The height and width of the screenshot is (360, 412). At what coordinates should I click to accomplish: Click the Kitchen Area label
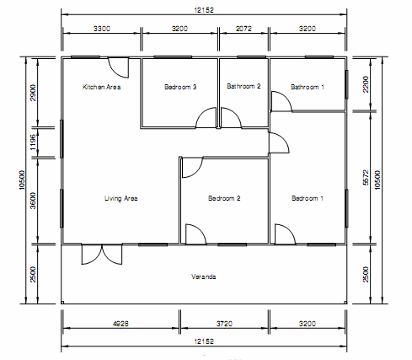pyautogui.click(x=102, y=87)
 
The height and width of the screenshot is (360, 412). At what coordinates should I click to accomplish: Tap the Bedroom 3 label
pyautogui.click(x=180, y=87)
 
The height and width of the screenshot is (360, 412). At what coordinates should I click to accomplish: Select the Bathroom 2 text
pyautogui.click(x=243, y=86)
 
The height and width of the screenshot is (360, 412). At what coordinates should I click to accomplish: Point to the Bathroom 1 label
pyautogui.click(x=308, y=87)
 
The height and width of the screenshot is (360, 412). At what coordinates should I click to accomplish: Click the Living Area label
pyautogui.click(x=121, y=198)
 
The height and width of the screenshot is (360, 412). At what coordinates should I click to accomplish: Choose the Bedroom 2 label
pyautogui.click(x=224, y=198)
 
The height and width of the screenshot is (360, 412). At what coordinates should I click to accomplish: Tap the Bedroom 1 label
pyautogui.click(x=308, y=198)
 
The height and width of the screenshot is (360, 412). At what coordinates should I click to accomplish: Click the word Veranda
pyautogui.click(x=204, y=277)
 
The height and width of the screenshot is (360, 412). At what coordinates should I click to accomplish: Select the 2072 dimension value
pyautogui.click(x=243, y=29)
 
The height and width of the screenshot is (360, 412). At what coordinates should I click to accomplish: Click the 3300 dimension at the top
pyautogui.click(x=102, y=29)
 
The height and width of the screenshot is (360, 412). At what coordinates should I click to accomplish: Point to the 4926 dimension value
pyautogui.click(x=120, y=324)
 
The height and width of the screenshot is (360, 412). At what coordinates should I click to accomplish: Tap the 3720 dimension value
pyautogui.click(x=224, y=324)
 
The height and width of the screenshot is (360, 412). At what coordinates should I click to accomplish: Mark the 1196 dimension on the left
pyautogui.click(x=33, y=142)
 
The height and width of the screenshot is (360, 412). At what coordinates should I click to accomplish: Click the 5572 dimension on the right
pyautogui.click(x=366, y=177)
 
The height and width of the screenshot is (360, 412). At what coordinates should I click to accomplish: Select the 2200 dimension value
pyautogui.click(x=366, y=84)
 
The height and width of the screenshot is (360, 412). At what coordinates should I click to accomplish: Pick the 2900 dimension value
pyautogui.click(x=33, y=93)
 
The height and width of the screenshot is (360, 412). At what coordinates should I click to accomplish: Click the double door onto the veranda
pyautogui.click(x=102, y=255)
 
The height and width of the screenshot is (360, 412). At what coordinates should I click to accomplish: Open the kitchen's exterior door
pyautogui.click(x=119, y=67)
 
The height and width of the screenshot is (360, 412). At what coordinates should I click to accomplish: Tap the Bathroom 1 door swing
pyautogui.click(x=281, y=101)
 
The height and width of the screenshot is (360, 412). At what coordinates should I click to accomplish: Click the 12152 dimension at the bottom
pyautogui.click(x=204, y=341)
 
